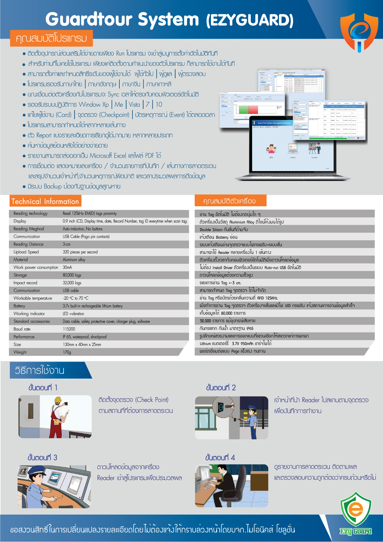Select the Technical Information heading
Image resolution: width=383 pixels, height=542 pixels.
(45, 201)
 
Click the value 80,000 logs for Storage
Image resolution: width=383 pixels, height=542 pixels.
(72, 275)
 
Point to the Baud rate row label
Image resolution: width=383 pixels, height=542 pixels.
(22, 329)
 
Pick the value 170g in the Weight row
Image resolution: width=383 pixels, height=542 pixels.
(67, 352)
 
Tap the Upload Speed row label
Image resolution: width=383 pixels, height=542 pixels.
(26, 252)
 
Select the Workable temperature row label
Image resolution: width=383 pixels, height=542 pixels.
(33, 298)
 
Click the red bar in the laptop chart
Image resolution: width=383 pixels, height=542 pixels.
(253, 109)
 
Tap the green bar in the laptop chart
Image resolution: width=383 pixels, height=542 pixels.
(243, 109)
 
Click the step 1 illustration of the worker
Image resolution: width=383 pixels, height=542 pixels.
(55, 417)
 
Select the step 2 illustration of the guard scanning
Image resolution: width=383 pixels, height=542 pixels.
(231, 418)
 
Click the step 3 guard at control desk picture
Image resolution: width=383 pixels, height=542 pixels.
(54, 486)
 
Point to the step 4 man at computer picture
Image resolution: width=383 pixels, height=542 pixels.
(231, 486)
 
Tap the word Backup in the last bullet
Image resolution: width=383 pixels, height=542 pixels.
(53, 186)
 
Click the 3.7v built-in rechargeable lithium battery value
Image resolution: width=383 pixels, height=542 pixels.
(93, 306)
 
